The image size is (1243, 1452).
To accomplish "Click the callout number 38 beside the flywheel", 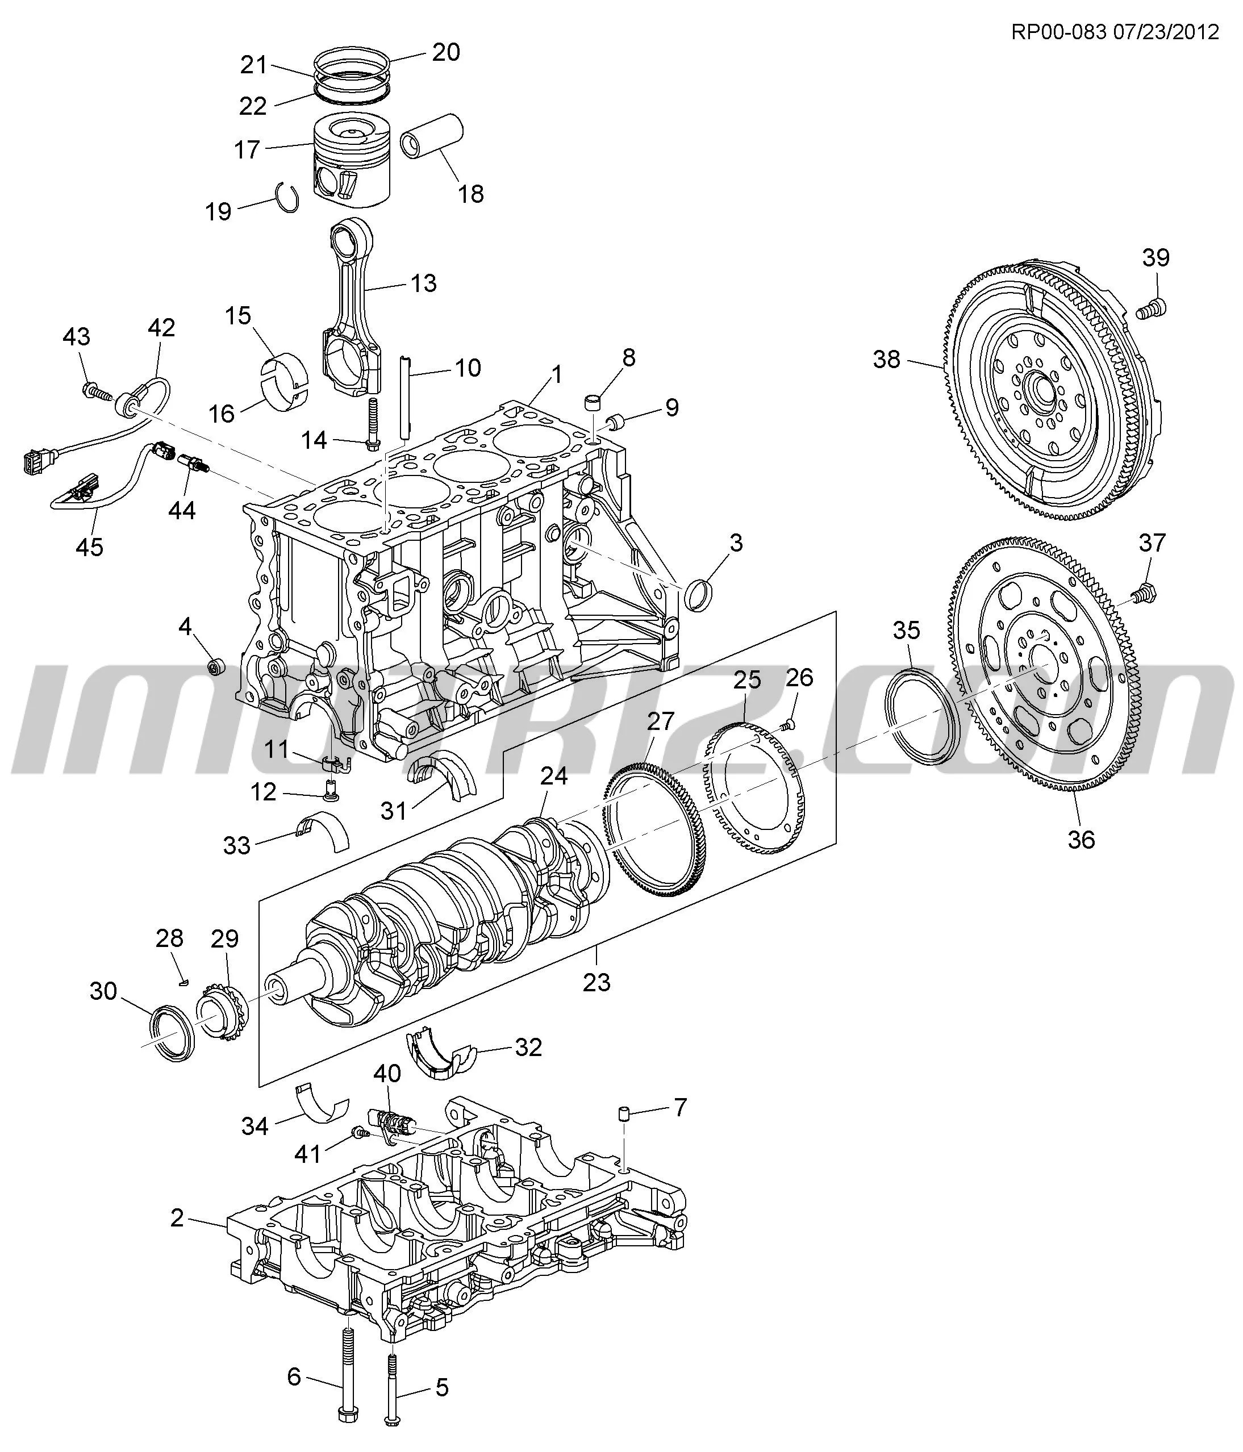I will pyautogui.click(x=886, y=360).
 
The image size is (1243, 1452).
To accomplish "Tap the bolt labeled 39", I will pyautogui.click(x=1151, y=308).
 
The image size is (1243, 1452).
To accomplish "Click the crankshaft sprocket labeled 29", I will pyautogui.click(x=220, y=1013).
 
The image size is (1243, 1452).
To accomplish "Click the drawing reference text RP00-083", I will pyautogui.click(x=1059, y=32).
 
